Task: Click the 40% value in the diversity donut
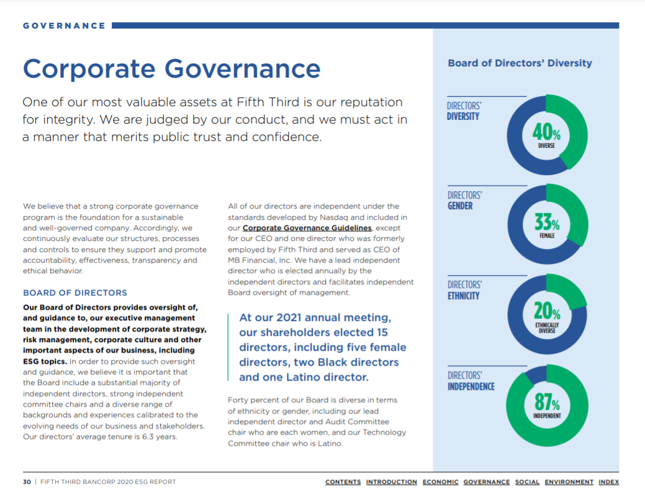(x=546, y=132)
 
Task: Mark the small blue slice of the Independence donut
(x=534, y=375)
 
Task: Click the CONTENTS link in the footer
(x=343, y=482)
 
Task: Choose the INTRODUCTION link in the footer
(x=391, y=482)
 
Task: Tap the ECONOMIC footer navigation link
(x=440, y=482)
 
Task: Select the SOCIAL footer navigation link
(x=527, y=482)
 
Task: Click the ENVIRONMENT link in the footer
(x=569, y=482)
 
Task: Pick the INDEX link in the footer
(x=608, y=482)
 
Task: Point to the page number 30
(x=27, y=482)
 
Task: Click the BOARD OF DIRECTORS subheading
(x=74, y=293)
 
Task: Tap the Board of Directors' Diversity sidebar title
(x=520, y=63)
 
